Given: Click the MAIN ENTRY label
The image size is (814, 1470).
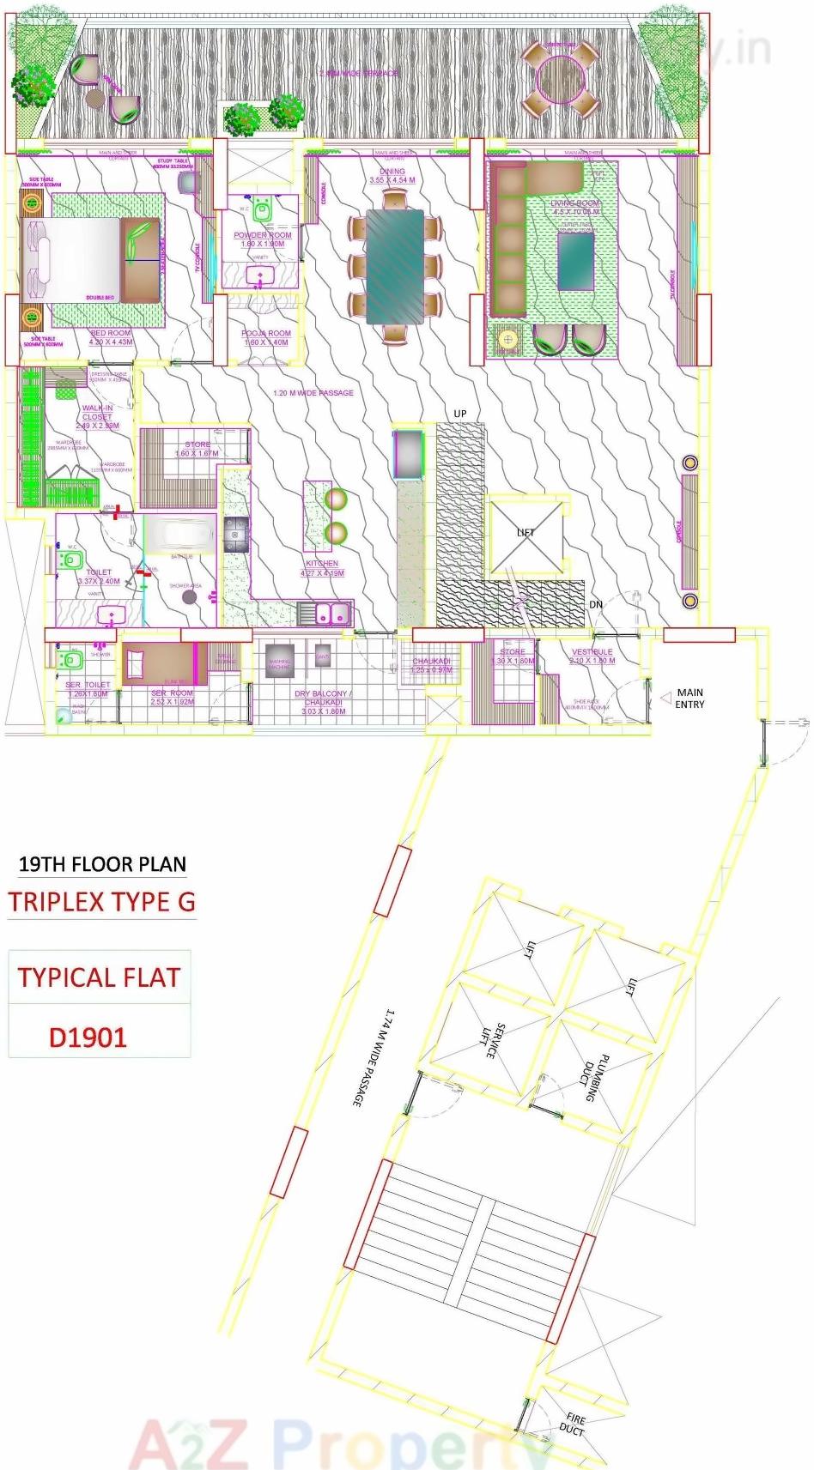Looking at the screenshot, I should (689, 698).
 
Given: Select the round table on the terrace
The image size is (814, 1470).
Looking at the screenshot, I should (561, 79).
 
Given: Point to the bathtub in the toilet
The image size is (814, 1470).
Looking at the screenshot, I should (179, 535).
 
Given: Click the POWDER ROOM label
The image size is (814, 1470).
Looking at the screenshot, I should (262, 235).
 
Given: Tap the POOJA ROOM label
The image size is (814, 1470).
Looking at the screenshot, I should (265, 334).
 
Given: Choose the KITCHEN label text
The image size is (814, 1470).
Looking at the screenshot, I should (322, 564).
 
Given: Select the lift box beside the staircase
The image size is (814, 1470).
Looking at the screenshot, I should (525, 537).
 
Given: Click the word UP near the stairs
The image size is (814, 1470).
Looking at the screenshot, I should (460, 414).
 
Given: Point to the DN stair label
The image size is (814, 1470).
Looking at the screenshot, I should (596, 605).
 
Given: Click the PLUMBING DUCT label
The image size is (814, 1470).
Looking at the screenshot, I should (595, 1078).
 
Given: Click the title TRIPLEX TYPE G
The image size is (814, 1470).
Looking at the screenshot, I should (102, 902).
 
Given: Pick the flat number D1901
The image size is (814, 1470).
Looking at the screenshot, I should (88, 1037).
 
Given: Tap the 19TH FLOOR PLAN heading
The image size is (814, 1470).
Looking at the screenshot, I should (102, 863).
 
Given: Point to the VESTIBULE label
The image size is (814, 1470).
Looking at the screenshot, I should (592, 652).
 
